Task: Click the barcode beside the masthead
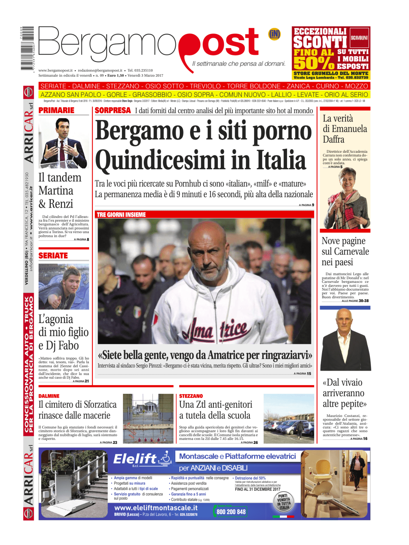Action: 27,48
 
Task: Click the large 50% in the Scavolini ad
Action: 314,63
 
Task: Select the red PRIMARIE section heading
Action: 56,110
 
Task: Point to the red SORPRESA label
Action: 113,110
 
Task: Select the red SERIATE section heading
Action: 53,256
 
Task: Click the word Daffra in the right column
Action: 334,139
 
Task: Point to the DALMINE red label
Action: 49,396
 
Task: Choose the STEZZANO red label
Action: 191,396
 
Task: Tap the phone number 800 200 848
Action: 231,512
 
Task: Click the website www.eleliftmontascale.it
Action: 156,508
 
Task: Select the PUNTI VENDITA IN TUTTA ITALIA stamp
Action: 284,502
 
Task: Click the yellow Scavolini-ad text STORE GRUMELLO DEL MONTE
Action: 331,73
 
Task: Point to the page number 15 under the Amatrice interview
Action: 309,374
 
